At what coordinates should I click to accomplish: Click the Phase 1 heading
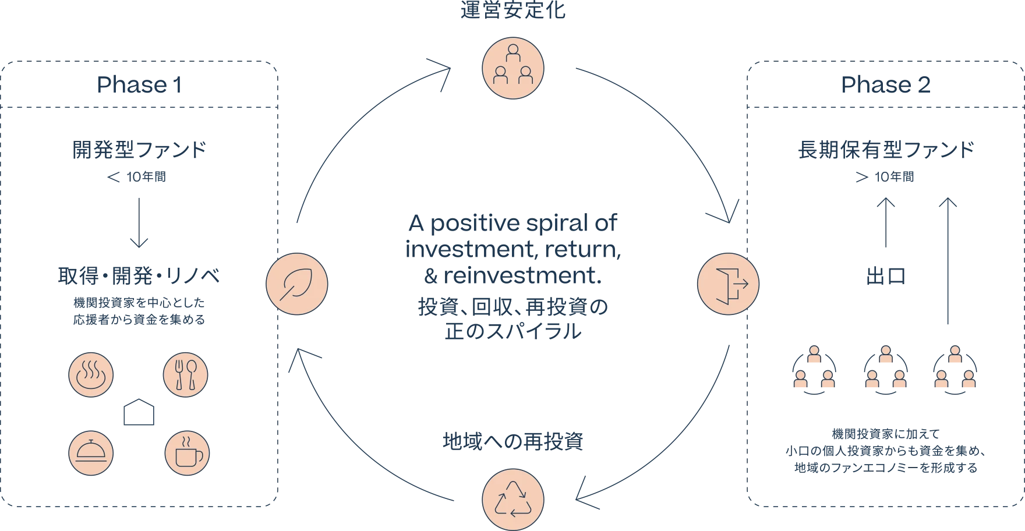point(140,85)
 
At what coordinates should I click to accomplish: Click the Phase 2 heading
point(885,85)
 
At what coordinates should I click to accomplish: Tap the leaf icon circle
point(296,284)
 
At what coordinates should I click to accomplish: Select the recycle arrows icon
point(512,500)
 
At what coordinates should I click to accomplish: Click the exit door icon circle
point(728,284)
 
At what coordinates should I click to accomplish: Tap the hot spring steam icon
point(91,374)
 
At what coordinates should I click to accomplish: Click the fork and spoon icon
point(185,374)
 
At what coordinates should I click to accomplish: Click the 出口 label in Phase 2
point(887,278)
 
